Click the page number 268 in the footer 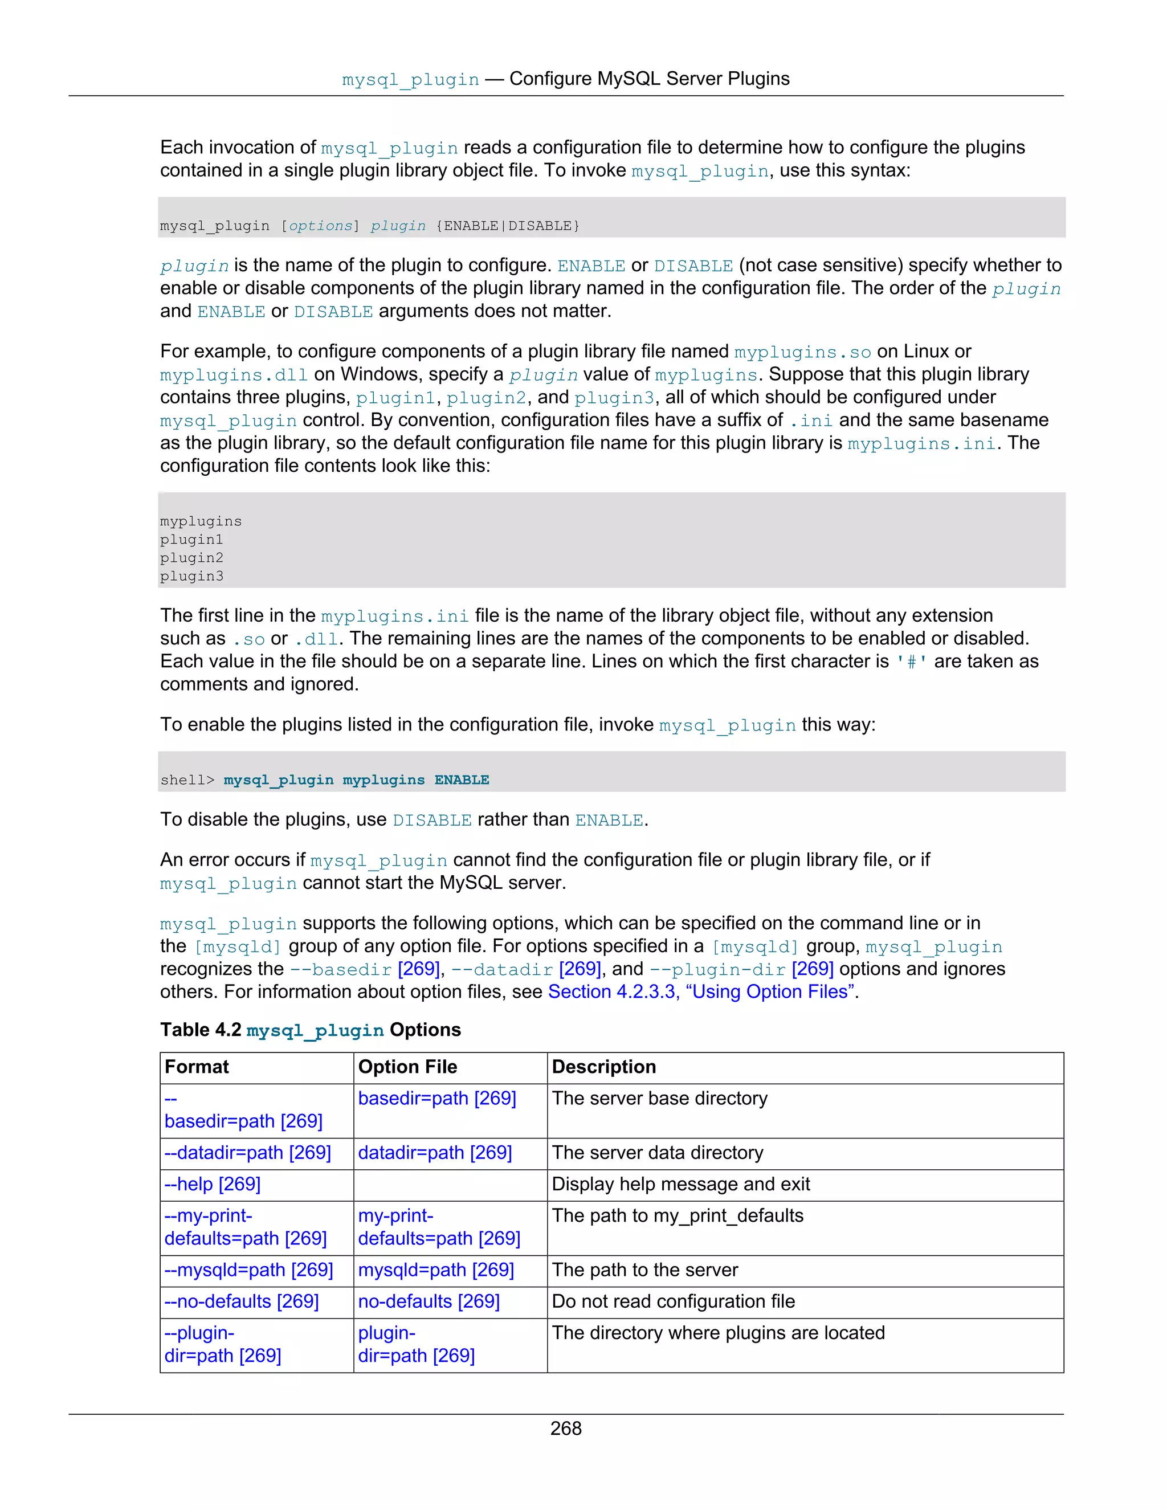(x=565, y=1429)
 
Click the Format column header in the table (x=197, y=1067)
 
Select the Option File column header (x=407, y=1067)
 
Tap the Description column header (x=603, y=1067)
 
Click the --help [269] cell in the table (x=212, y=1185)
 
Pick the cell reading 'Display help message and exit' (x=680, y=1185)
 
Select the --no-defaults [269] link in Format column (x=241, y=1301)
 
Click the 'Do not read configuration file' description (x=673, y=1301)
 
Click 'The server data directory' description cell (x=657, y=1153)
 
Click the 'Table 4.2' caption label (x=201, y=1030)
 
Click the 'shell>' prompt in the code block (x=187, y=780)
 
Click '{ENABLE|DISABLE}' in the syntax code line (x=508, y=226)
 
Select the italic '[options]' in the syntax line (x=320, y=226)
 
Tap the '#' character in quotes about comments (x=911, y=662)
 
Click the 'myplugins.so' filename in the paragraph (x=802, y=353)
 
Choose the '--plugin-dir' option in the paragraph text (x=717, y=969)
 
